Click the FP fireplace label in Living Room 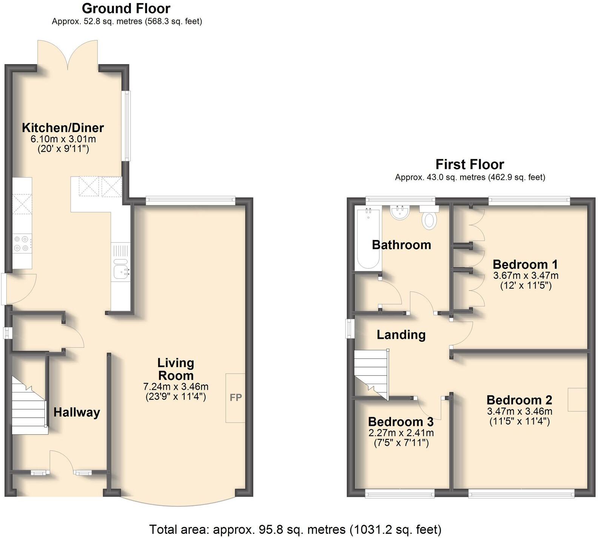236,397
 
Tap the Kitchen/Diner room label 63,128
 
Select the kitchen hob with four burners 22,243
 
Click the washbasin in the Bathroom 400,212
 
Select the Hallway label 77,412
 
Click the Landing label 401,335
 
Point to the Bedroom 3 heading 401,421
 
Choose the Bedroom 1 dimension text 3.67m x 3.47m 526,275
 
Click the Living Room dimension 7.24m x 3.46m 176,386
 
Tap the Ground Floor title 126,8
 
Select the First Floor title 470,164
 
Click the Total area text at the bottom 295,529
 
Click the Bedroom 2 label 519,400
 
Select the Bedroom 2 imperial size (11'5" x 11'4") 519,421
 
